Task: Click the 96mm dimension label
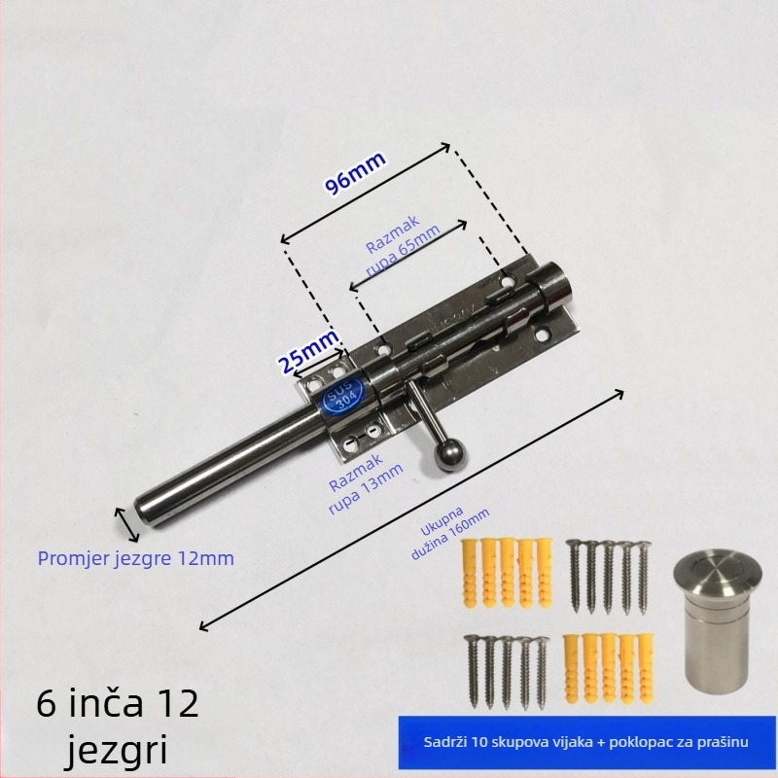tap(355, 172)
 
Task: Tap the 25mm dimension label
tap(308, 352)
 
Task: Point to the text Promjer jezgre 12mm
tap(136, 558)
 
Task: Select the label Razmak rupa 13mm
tap(365, 483)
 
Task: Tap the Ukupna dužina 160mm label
tap(449, 532)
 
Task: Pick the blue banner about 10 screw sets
tap(586, 742)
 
